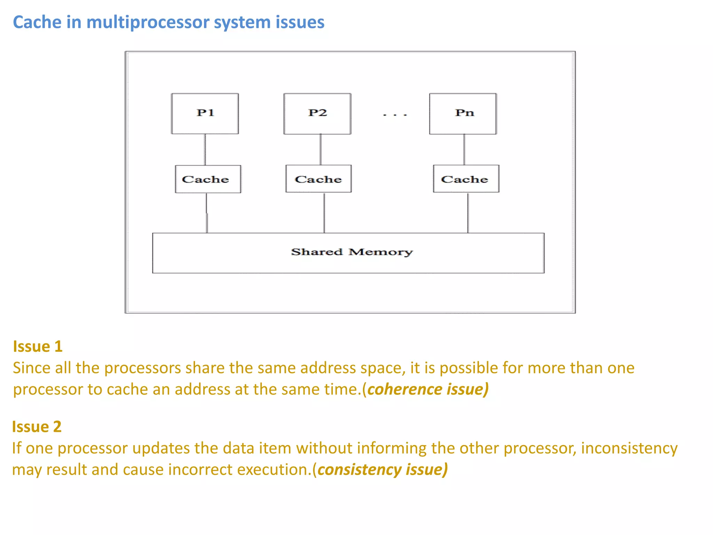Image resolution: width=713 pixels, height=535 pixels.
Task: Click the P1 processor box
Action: tap(205, 114)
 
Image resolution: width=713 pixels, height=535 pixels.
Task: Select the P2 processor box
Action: tap(317, 114)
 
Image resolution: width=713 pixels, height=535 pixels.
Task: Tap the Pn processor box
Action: tap(463, 114)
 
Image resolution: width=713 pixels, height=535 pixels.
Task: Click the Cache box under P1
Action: tap(208, 179)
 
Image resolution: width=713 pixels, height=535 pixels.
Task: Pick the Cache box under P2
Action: tap(318, 179)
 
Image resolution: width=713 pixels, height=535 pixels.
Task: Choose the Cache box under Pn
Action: tap(466, 179)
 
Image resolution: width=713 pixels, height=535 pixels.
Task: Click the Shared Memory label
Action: tap(352, 252)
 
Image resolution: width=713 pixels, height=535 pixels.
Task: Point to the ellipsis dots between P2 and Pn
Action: tap(394, 115)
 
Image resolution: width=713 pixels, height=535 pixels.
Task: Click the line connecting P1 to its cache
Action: tap(205, 149)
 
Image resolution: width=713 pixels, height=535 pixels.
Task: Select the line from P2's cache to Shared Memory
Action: tap(324, 212)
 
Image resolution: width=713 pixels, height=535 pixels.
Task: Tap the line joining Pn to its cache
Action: tap(464, 149)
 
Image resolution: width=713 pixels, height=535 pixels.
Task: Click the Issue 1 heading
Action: tap(38, 346)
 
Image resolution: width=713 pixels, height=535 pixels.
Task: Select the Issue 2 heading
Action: tap(37, 427)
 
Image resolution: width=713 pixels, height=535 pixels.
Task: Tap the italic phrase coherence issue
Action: tap(428, 389)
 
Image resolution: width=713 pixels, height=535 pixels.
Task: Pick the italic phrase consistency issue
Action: tap(382, 470)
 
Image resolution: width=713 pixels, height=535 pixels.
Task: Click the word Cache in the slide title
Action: tap(37, 22)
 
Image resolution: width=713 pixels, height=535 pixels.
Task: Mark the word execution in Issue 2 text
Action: tap(273, 470)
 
